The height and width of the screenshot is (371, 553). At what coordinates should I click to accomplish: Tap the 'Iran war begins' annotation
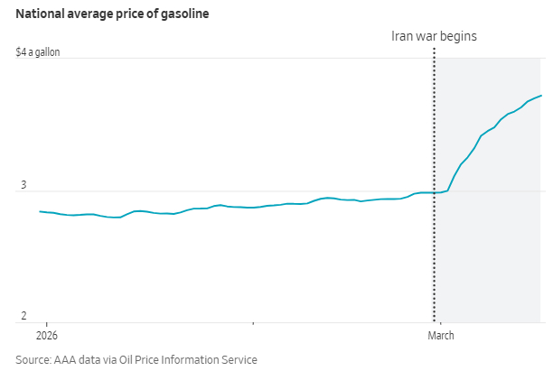coord(433,36)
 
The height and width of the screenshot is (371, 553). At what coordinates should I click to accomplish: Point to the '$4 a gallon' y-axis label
coord(38,52)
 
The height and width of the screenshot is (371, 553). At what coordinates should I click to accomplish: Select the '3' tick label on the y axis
coord(23,185)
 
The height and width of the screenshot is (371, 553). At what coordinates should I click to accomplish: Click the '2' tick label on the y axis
coord(23,316)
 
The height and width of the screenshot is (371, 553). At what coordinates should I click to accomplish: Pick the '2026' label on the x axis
coord(47,336)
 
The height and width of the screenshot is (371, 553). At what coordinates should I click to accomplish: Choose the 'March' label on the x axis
coord(440,336)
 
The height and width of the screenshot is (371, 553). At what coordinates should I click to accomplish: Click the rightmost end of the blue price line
coord(541,96)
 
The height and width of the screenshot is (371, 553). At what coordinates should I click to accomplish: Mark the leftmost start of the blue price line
coord(41,211)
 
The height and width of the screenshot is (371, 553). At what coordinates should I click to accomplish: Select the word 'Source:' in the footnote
coord(33,359)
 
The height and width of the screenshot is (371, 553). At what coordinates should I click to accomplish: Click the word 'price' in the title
coord(130,14)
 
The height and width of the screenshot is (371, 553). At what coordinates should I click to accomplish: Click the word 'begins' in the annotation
coord(458,36)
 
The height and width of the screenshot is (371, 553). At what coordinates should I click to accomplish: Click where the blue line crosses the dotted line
coord(436,192)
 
